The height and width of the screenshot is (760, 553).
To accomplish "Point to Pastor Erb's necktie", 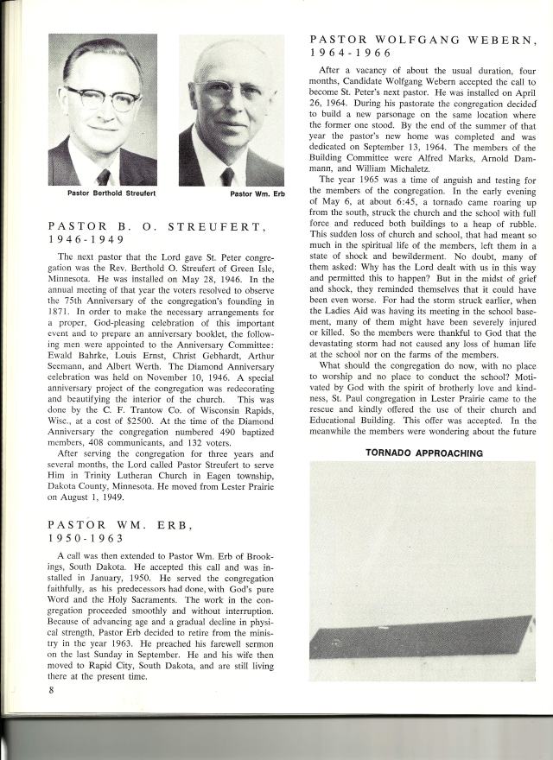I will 227,175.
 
